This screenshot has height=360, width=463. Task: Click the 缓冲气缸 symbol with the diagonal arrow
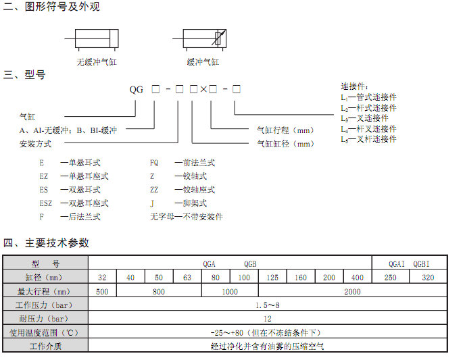pyautogui.click(x=205, y=38)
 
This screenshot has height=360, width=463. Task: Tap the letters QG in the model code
pyautogui.click(x=136, y=89)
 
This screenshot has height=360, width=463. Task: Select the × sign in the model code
pyautogui.click(x=203, y=89)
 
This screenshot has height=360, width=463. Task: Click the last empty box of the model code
pyautogui.click(x=237, y=89)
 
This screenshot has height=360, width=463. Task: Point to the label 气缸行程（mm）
pyautogui.click(x=285, y=130)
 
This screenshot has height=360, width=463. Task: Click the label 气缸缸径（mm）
pyautogui.click(x=285, y=144)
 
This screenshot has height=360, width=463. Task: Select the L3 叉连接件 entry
pyautogui.click(x=364, y=118)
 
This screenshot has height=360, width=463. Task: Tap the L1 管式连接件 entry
pyautogui.click(x=368, y=97)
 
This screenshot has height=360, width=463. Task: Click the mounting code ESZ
pyautogui.click(x=46, y=203)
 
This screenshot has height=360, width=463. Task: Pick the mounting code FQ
pyautogui.click(x=154, y=163)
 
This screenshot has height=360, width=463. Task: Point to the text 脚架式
pyautogui.click(x=195, y=203)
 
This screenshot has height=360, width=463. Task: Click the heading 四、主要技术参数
pyautogui.click(x=46, y=243)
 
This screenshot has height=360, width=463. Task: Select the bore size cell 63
pyautogui.click(x=187, y=278)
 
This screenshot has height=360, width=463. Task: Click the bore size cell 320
pyautogui.click(x=428, y=278)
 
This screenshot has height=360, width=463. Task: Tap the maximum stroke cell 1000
pyautogui.click(x=230, y=292)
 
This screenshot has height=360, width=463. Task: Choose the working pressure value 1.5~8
pyautogui.click(x=268, y=305)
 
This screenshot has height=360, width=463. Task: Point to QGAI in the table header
pyautogui.click(x=397, y=264)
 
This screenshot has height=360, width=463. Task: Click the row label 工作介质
pyautogui.click(x=45, y=346)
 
